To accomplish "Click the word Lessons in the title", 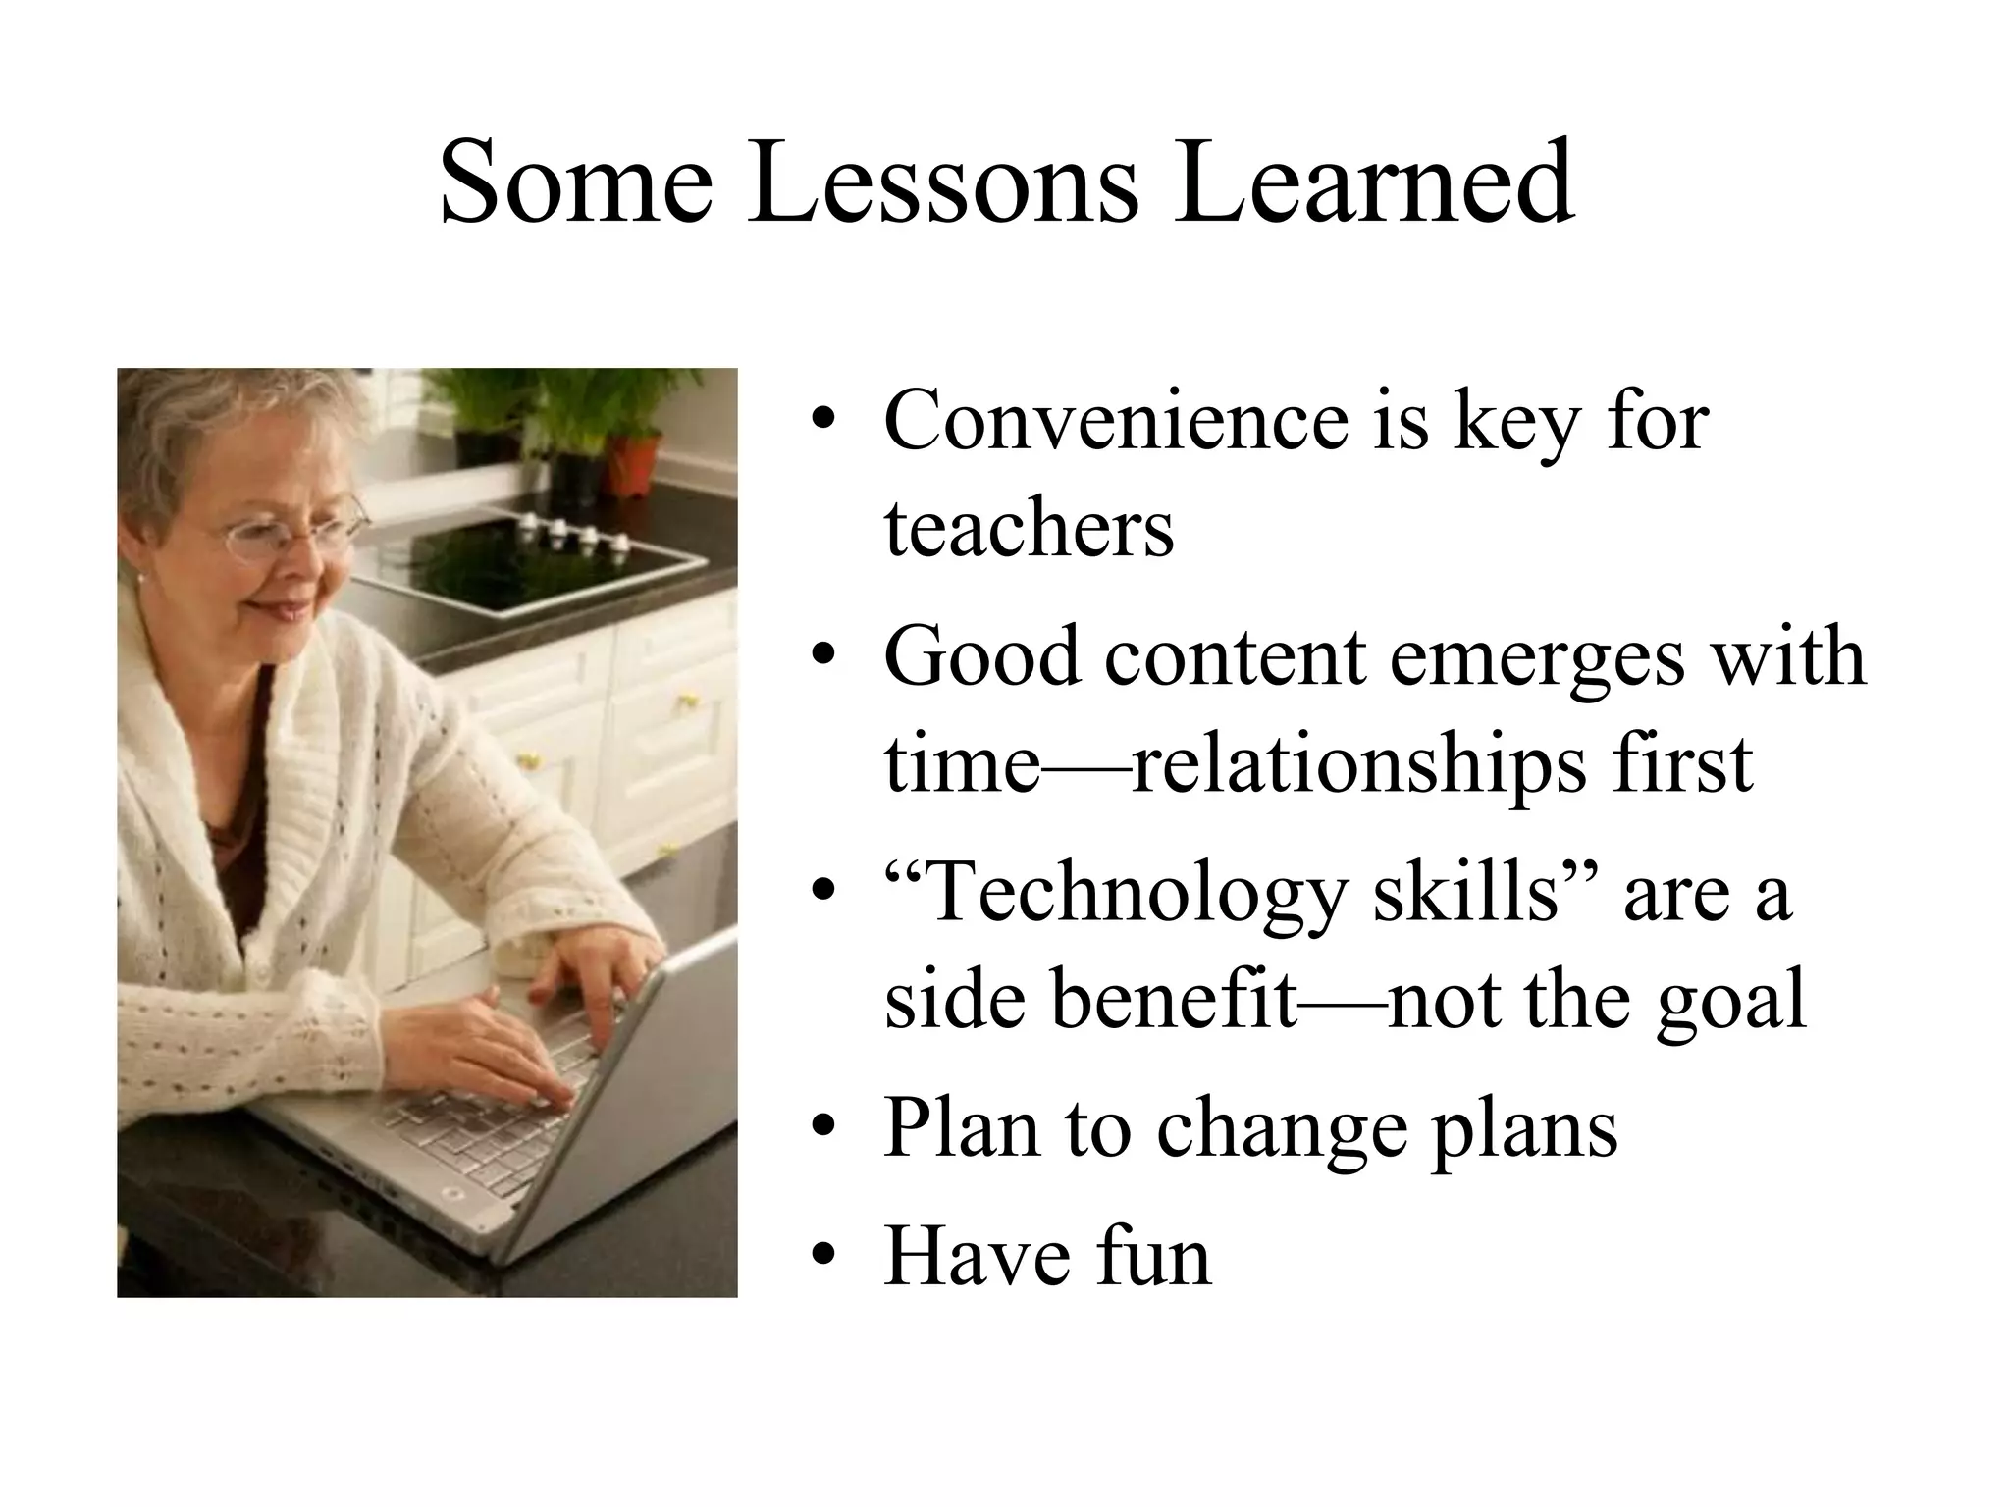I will point(942,182).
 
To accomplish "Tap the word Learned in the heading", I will point(1374,182).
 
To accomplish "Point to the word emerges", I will point(1537,657).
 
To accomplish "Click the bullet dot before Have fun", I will point(822,1256).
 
